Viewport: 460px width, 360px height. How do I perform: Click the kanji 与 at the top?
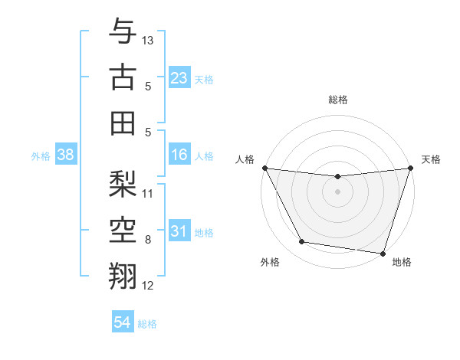(123, 31)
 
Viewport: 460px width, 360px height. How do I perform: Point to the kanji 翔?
(123, 274)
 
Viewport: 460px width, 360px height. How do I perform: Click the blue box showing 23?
(179, 77)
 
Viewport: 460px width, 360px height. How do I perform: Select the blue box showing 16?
(179, 155)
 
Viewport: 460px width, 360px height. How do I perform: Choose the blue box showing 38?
(65, 155)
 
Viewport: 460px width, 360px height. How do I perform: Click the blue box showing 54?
(123, 323)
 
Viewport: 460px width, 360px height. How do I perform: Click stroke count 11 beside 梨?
(148, 193)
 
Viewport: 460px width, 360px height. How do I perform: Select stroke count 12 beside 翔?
(148, 286)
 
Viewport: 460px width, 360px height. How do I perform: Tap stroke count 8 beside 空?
(148, 240)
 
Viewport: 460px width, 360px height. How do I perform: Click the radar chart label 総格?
(337, 100)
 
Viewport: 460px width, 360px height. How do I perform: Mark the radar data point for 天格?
(410, 169)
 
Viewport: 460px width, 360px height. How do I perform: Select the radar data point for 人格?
(264, 168)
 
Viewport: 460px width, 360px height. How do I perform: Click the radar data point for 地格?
(383, 254)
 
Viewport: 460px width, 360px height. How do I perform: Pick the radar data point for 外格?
(301, 242)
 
